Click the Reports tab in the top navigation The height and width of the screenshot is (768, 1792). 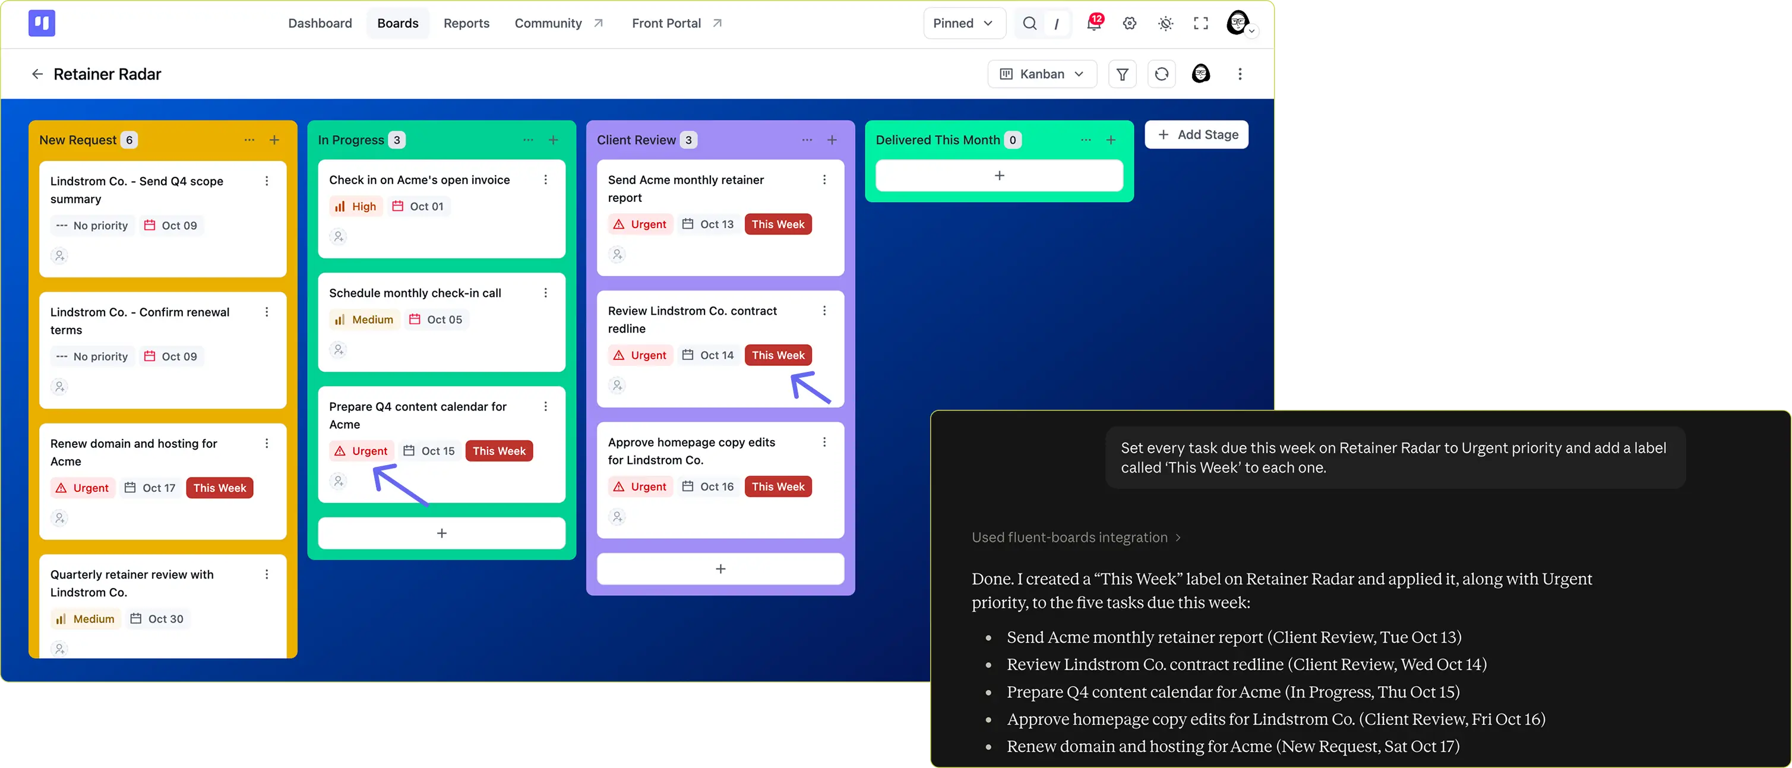tap(466, 23)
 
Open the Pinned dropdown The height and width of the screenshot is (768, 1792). tap(963, 23)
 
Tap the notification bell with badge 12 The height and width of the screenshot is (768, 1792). tap(1094, 23)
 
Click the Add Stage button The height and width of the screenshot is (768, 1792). tap(1196, 134)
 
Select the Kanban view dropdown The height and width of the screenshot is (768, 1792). tap(1042, 74)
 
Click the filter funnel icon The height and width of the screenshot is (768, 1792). tap(1122, 74)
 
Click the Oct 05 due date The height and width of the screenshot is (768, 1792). tap(435, 320)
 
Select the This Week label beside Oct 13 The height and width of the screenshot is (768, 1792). tap(778, 224)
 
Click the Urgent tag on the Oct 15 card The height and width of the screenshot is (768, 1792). tap(361, 451)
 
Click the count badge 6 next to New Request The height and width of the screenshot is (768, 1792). tap(129, 140)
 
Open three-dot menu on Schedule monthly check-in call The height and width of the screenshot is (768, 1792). tap(545, 293)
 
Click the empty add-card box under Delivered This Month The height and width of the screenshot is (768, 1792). tap(999, 175)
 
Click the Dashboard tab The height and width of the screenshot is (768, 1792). tap(320, 23)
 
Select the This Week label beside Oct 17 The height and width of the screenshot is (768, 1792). tap(220, 488)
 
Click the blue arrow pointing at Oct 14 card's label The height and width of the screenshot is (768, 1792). tap(811, 387)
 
